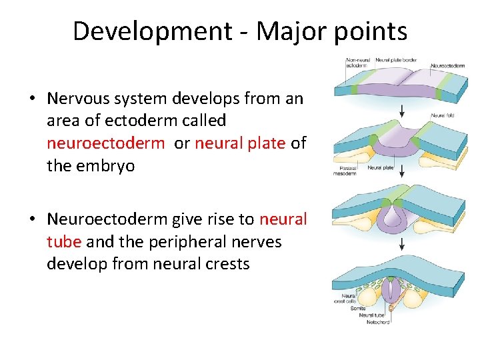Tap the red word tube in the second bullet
(64, 241)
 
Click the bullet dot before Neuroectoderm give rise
(32, 220)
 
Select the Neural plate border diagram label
(396, 60)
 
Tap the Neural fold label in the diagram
(442, 115)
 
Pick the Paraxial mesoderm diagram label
(344, 171)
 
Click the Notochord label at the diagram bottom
(378, 323)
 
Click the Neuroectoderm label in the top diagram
(447, 66)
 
